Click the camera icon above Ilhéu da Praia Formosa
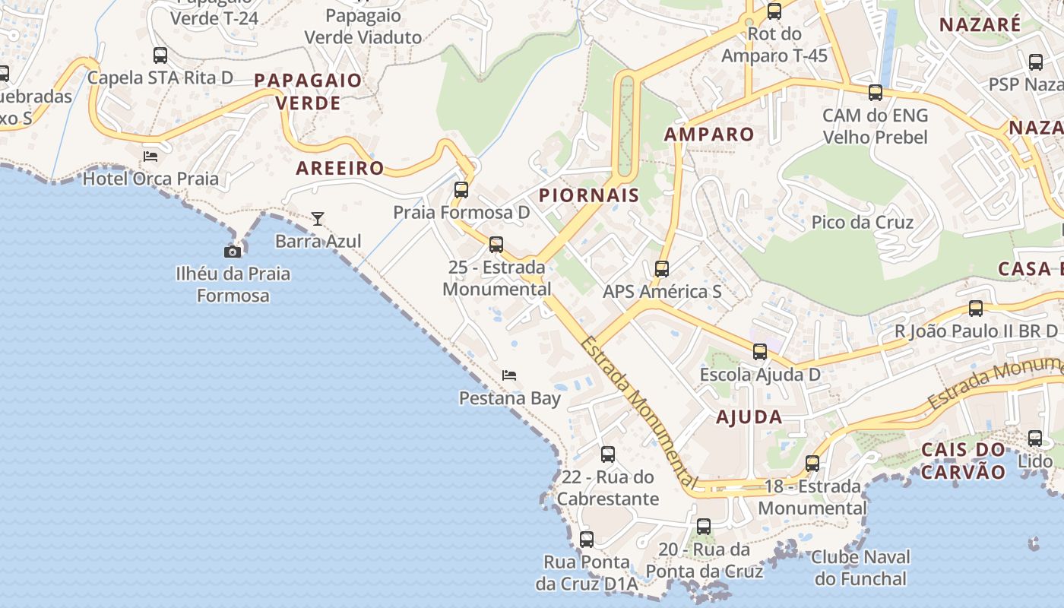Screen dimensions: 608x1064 tap(233, 252)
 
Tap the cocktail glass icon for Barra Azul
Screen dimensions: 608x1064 tap(318, 219)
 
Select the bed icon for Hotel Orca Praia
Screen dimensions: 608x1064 tap(150, 157)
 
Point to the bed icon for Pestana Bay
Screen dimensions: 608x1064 tap(509, 375)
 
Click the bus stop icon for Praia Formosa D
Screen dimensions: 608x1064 tap(461, 190)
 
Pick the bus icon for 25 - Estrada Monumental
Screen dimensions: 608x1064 tap(496, 245)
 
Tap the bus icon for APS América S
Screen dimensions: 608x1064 tap(662, 269)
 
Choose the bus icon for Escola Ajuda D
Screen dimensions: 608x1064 tap(760, 352)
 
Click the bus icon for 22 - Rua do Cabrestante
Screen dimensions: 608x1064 tap(608, 454)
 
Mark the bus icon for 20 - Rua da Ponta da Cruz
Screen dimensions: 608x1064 tap(704, 526)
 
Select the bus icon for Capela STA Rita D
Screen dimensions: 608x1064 tap(160, 55)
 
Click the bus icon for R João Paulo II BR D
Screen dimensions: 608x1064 tap(976, 309)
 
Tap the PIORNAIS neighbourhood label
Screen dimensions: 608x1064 tap(589, 195)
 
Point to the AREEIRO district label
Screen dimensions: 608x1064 tap(340, 169)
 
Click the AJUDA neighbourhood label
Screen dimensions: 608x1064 tap(749, 416)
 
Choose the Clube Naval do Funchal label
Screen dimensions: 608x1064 tap(861, 568)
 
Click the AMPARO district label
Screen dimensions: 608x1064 tap(710, 135)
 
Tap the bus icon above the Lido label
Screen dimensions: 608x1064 tap(1035, 439)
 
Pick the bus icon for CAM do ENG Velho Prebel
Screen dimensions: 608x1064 tap(876, 93)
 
